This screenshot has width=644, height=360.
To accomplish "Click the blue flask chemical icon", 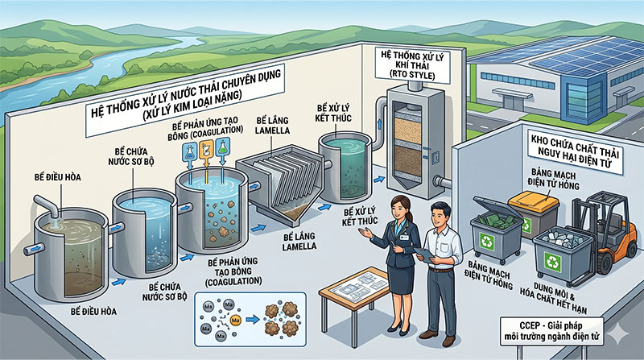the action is click(x=189, y=151).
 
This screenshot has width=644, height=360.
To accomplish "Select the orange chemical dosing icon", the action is click(x=206, y=150).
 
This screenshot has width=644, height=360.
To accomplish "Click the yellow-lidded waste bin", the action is click(x=533, y=214).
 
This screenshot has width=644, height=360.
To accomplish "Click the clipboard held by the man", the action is click(x=425, y=254).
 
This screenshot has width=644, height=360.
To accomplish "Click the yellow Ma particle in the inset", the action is click(x=236, y=320).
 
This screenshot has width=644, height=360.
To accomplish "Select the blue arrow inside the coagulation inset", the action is click(x=252, y=319).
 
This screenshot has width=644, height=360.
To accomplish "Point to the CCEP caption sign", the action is click(x=551, y=332).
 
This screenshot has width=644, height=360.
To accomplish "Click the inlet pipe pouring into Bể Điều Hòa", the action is click(x=47, y=205).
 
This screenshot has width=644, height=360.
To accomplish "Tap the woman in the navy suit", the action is click(x=396, y=264).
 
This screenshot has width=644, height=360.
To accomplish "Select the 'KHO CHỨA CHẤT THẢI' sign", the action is click(x=574, y=151).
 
